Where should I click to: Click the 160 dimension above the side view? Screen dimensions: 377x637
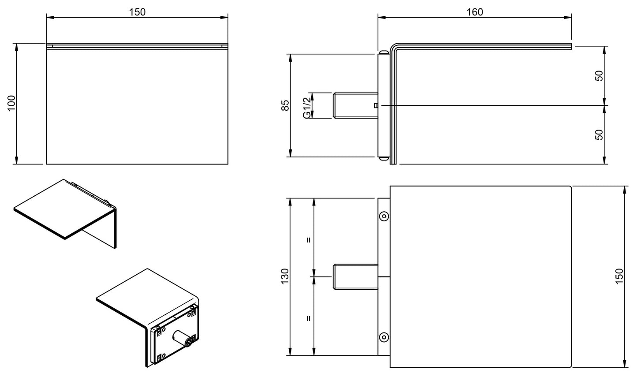(474, 12)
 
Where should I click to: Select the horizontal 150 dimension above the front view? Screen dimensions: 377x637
(137, 12)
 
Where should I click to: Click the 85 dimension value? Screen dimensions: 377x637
(285, 105)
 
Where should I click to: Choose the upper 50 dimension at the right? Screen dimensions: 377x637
(599, 75)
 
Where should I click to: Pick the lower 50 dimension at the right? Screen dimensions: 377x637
(599, 134)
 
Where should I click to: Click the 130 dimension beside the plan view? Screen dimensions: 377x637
(285, 276)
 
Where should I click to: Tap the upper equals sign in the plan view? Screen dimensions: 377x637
(309, 240)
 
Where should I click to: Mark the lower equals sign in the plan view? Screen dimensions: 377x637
(309, 317)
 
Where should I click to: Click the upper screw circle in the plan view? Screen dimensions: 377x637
(384, 216)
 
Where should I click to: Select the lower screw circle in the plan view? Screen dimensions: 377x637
(384, 337)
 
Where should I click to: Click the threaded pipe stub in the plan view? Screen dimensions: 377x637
(354, 277)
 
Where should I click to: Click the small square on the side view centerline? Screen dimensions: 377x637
(375, 105)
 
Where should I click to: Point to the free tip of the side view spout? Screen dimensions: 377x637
(570, 45)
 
